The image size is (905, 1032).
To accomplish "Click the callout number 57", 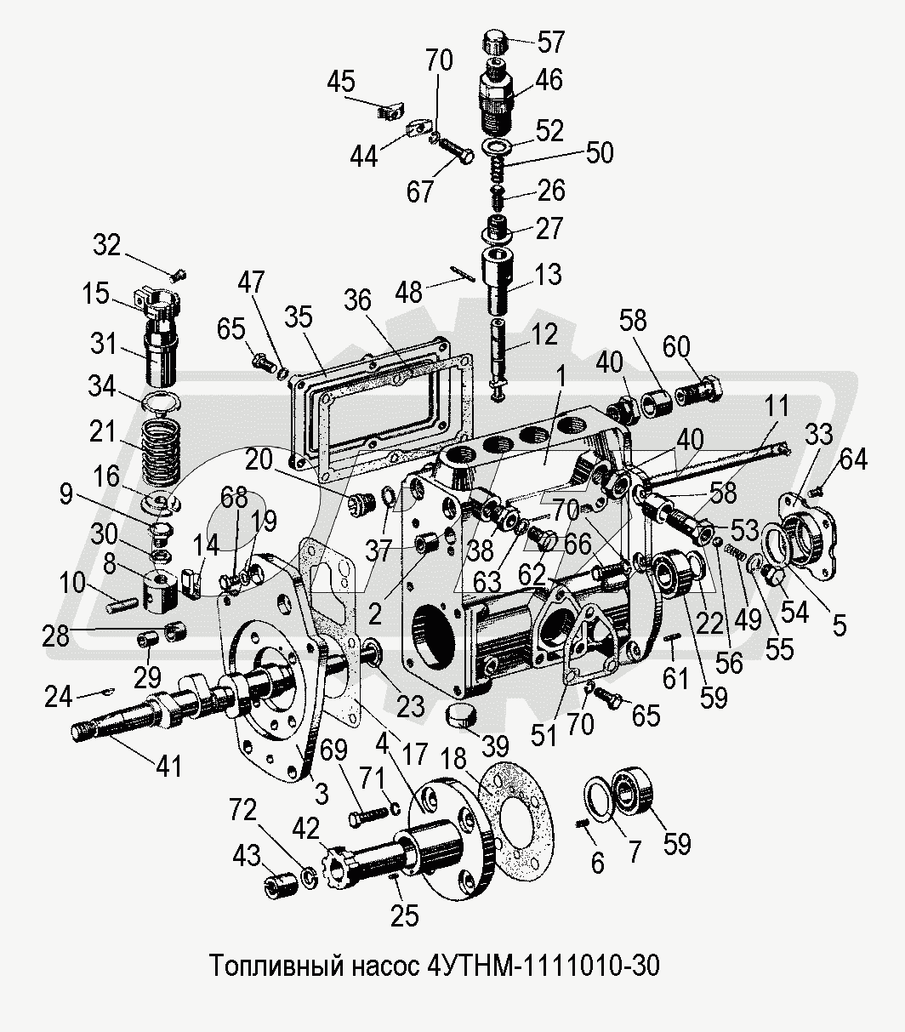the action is pyautogui.click(x=550, y=42).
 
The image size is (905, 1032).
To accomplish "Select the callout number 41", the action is pyautogui.click(x=169, y=766).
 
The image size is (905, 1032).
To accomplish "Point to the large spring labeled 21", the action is pyautogui.click(x=161, y=446).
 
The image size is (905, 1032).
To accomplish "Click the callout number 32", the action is pyautogui.click(x=106, y=245).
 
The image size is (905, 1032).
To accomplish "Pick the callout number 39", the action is pyautogui.click(x=494, y=747).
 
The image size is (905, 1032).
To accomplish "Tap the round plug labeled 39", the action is pyautogui.click(x=461, y=716).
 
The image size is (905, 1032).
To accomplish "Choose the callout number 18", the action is pyautogui.click(x=453, y=758).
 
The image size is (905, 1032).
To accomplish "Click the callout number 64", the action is pyautogui.click(x=853, y=459).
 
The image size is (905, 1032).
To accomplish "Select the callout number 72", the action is pyautogui.click(x=242, y=809).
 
